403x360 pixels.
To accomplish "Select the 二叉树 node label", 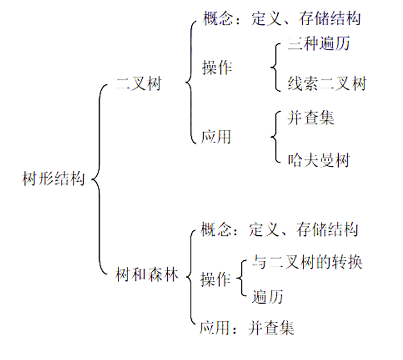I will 139,84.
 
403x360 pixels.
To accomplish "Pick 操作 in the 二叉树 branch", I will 217,67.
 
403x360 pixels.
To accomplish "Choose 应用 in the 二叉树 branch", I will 216,137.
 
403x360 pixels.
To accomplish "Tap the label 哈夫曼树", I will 319,159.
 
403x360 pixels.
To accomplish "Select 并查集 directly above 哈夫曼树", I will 311,117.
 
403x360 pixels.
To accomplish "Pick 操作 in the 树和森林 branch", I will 215,280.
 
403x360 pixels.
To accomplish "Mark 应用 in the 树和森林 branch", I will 214,328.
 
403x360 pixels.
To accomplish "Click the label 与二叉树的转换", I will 308,262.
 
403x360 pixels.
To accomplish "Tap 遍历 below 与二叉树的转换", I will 268,296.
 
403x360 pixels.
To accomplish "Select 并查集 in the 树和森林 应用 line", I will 271,328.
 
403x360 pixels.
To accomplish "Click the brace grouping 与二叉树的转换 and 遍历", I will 241,279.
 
